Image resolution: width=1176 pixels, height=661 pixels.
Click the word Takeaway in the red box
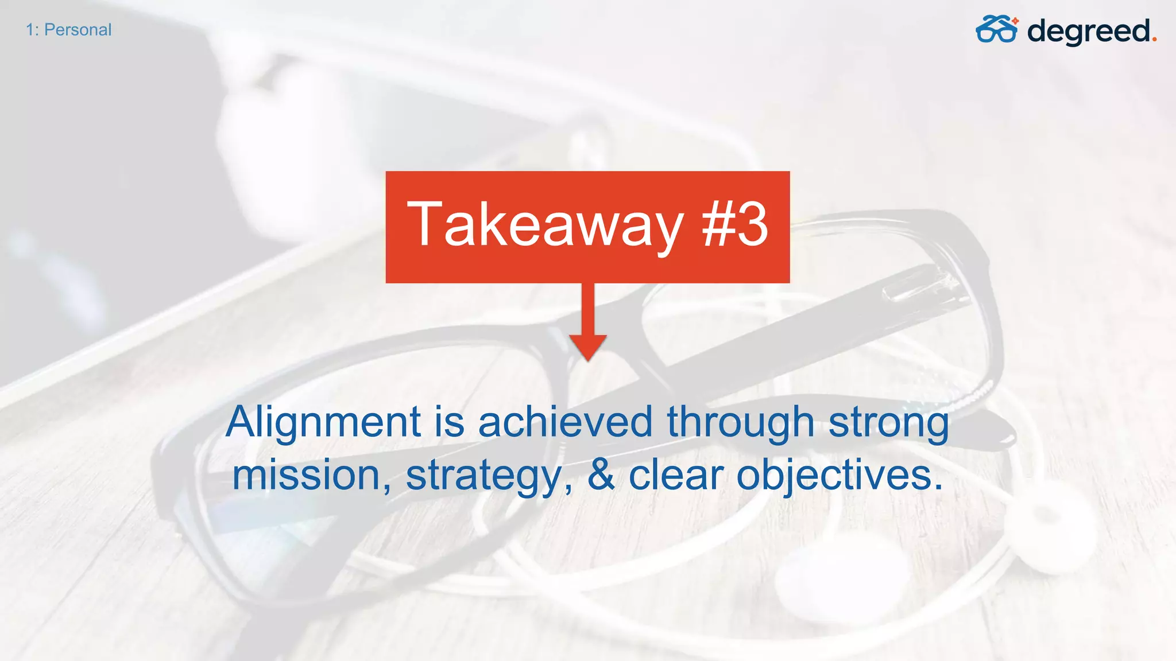(x=545, y=225)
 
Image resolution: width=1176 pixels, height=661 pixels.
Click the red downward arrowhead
(x=587, y=347)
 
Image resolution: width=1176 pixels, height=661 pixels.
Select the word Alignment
(x=323, y=422)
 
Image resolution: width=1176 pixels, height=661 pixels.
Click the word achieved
(x=565, y=422)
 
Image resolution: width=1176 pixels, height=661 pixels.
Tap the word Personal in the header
(x=78, y=30)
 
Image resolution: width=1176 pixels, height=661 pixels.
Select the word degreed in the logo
(x=1089, y=32)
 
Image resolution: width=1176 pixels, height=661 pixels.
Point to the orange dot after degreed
(x=1154, y=40)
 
